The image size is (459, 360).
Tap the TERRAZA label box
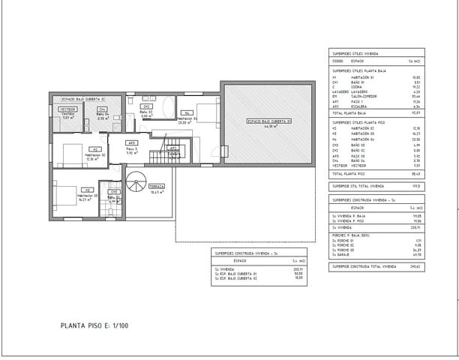click(157, 185)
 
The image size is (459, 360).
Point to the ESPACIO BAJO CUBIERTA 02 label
click(83, 98)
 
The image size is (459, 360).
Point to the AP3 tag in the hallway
click(131, 142)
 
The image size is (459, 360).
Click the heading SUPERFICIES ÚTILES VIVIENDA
click(355, 54)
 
